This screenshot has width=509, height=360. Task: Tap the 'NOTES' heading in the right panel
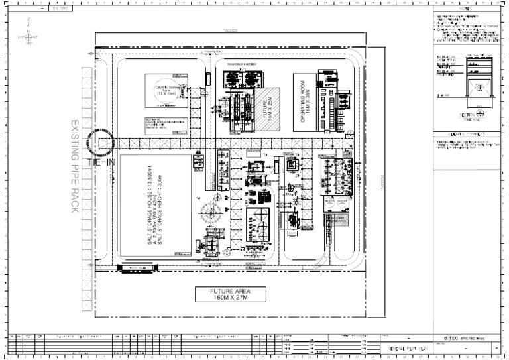click(464, 9)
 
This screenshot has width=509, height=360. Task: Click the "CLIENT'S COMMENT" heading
click(464, 134)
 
